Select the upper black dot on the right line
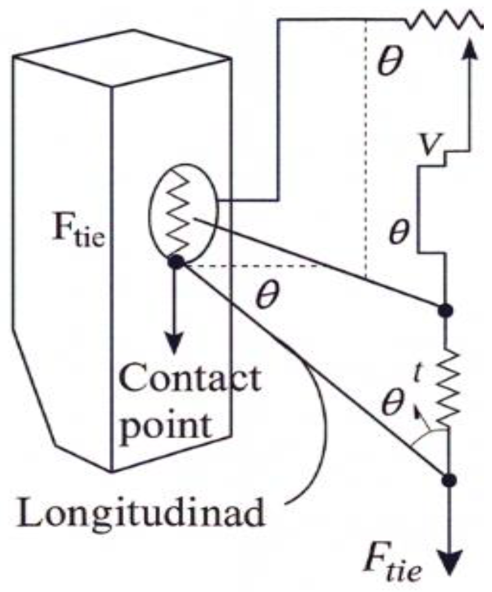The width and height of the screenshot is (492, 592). [x=446, y=311]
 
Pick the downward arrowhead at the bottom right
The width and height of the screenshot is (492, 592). [x=448, y=564]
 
